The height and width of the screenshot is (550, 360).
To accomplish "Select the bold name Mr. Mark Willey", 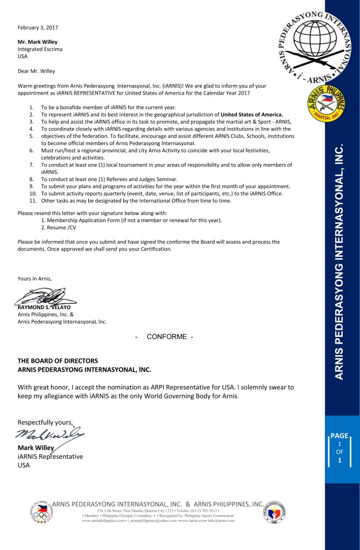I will (38, 42).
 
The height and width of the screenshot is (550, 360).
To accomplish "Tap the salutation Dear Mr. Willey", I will (37, 71).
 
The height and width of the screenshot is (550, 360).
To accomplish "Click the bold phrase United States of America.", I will (252, 115).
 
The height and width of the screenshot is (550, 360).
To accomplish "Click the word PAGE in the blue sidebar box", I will (340, 436).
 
